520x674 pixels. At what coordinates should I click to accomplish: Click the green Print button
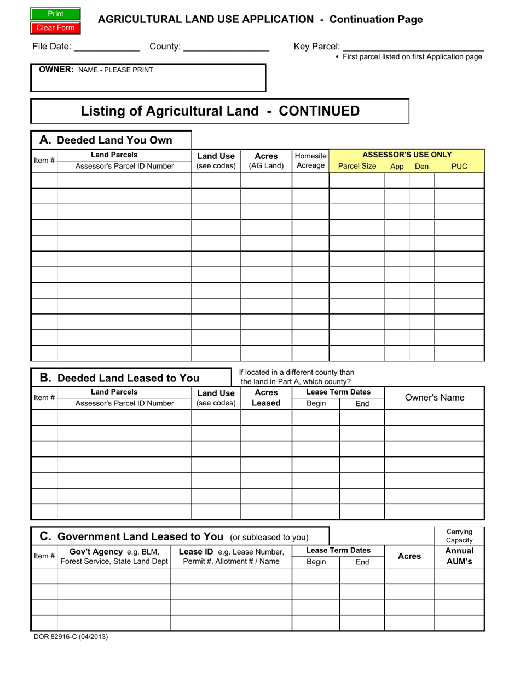pos(56,14)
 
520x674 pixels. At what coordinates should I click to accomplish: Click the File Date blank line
pos(107,47)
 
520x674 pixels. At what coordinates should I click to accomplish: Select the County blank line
pos(226,47)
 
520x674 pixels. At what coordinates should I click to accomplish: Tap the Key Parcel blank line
pos(413,47)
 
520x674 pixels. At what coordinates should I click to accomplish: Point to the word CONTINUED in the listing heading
pos(319,111)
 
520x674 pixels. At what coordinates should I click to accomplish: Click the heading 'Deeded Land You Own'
pos(114,140)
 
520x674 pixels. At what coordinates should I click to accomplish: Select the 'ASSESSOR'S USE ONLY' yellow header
pos(407,155)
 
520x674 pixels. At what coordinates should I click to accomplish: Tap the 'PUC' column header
pos(459,167)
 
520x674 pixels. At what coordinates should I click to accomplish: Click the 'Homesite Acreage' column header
pos(310,161)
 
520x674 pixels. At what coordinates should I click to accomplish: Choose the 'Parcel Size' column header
pos(357,167)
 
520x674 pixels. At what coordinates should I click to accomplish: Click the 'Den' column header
pos(421,167)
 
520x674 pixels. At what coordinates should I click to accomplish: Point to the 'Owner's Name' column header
pos(435,398)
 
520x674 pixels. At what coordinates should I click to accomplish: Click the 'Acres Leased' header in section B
pos(266,398)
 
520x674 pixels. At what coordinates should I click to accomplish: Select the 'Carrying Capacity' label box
pos(459,536)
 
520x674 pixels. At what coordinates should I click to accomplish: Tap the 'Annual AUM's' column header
pos(459,556)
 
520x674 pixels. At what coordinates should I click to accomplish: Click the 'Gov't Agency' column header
pos(114,556)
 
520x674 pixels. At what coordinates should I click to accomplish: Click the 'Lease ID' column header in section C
pos(231,556)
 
